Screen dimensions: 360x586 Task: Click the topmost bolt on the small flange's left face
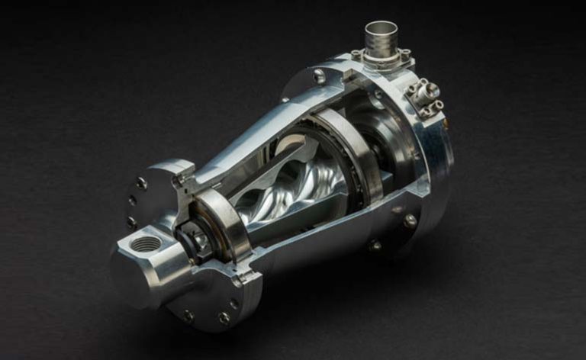point(141,183)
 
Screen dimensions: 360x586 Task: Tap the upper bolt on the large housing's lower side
point(411,220)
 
